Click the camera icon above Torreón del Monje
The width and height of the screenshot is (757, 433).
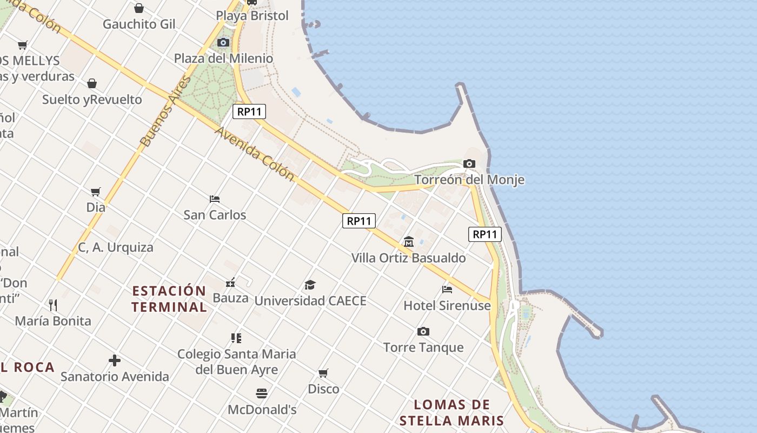(469, 163)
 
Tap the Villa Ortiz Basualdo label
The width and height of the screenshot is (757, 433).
(408, 258)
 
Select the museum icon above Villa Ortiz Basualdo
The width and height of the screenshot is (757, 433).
(409, 241)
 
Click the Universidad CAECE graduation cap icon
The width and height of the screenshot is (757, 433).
(310, 285)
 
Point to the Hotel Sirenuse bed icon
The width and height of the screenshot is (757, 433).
(447, 289)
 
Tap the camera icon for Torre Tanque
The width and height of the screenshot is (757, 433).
(423, 331)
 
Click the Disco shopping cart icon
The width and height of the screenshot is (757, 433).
(323, 373)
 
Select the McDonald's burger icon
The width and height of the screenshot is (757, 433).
(262, 393)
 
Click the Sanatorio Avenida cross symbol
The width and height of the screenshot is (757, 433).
(115, 360)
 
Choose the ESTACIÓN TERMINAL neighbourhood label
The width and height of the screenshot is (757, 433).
(169, 299)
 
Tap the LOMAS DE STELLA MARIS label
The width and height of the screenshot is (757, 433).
(451, 412)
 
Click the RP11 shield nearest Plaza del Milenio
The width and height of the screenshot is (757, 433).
(249, 112)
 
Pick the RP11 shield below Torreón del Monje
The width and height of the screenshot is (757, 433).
(485, 234)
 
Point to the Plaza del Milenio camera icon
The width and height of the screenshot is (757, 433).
(223, 42)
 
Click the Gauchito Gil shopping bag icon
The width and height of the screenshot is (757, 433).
(139, 8)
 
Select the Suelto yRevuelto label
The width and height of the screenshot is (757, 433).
(92, 100)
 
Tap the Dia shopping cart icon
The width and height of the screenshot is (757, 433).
(96, 192)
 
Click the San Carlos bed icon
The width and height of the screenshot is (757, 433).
(215, 199)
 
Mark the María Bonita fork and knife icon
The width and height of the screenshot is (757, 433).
(53, 305)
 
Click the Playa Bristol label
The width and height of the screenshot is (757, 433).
(252, 16)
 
